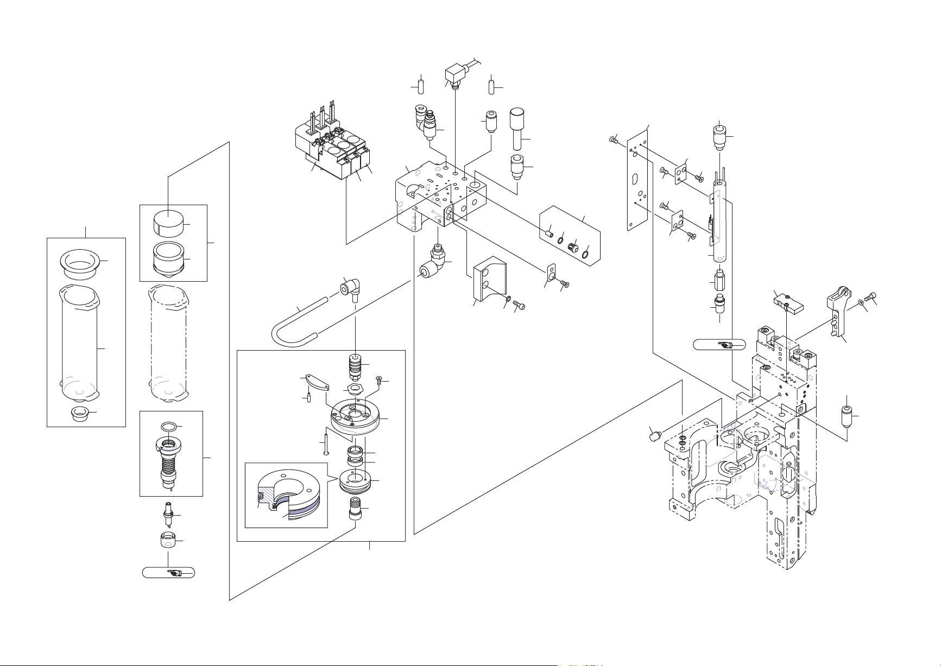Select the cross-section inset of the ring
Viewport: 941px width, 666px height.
click(x=286, y=495)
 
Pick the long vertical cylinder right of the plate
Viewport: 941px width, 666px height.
click(x=719, y=223)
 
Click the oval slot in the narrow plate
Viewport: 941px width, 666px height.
click(x=634, y=179)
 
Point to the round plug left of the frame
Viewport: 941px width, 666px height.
click(x=655, y=434)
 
